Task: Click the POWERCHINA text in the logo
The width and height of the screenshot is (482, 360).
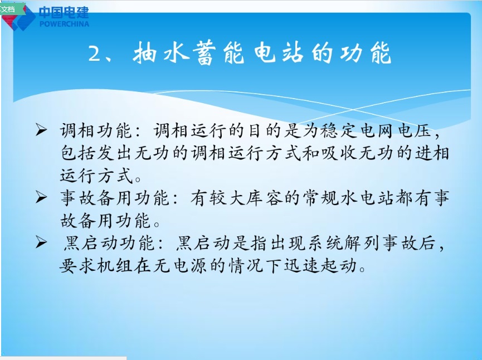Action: [65, 24]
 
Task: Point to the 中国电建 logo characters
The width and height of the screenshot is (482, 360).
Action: [64, 13]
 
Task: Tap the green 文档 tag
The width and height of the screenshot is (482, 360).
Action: [10, 9]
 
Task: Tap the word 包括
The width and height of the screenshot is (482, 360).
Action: [76, 154]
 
